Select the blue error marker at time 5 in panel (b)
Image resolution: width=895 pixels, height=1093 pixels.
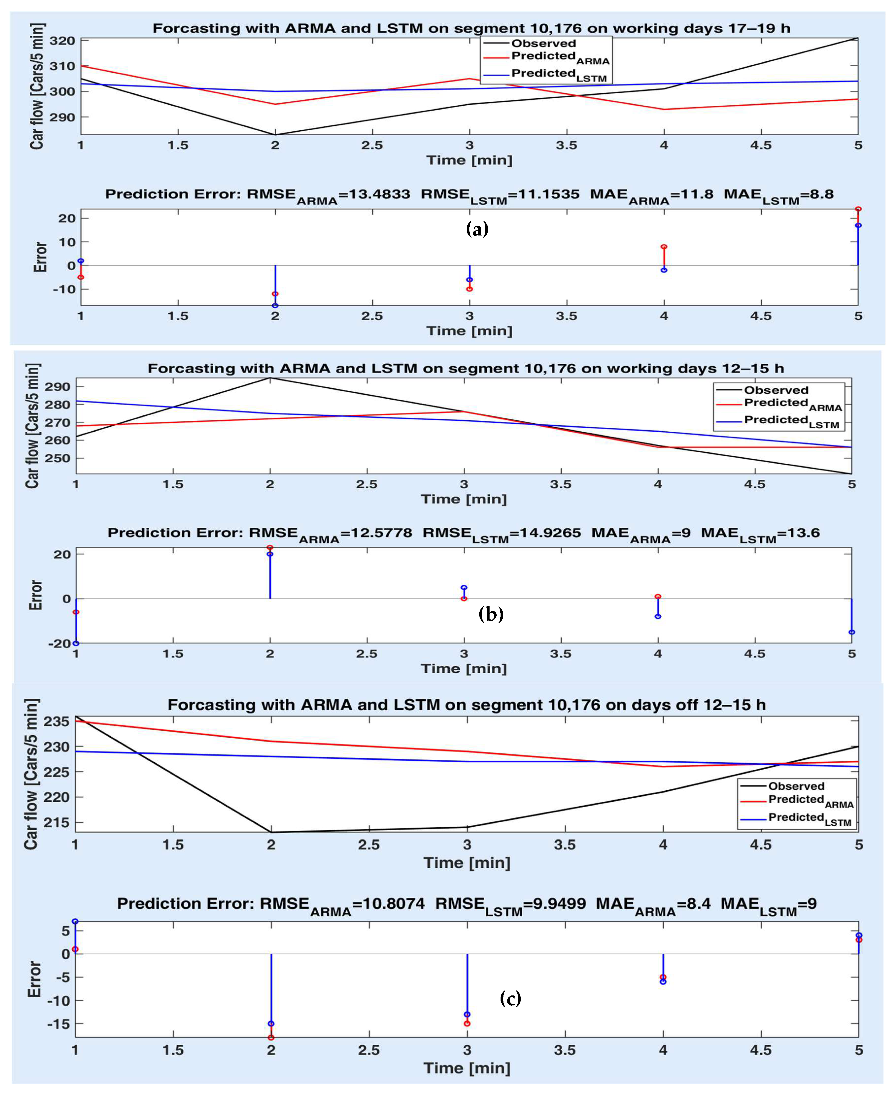[x=852, y=632]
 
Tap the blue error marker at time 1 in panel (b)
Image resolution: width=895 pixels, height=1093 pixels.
[x=76, y=643]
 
